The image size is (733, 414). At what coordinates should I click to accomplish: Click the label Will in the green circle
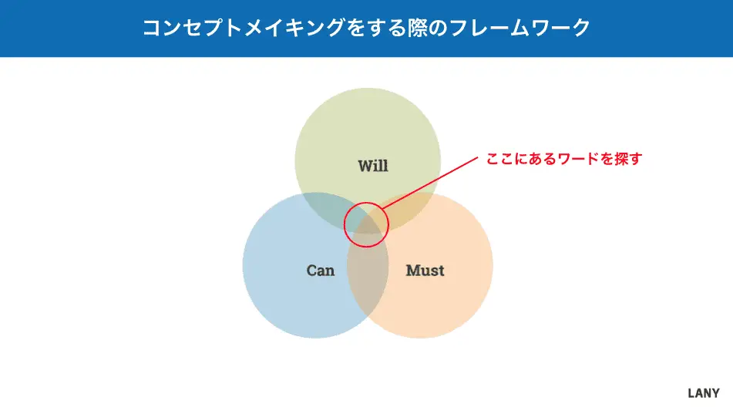[373, 166]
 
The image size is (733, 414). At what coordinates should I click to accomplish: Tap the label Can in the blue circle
[321, 270]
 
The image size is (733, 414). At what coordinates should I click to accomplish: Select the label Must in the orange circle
[425, 270]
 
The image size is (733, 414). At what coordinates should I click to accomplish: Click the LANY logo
[704, 393]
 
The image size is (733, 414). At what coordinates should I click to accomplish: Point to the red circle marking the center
[345, 224]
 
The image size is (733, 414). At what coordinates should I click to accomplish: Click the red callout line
[430, 182]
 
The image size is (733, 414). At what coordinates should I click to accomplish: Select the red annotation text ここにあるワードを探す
[564, 159]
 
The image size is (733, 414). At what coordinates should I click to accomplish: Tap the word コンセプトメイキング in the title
[244, 28]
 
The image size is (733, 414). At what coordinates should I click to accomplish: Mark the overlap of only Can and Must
[368, 281]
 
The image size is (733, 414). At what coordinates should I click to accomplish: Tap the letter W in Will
[366, 166]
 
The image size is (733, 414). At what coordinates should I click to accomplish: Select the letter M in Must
[413, 271]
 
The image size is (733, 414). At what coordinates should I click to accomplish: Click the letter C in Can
[312, 271]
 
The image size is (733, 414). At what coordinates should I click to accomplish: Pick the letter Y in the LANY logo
[715, 393]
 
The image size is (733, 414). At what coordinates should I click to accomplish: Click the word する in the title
[377, 28]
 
